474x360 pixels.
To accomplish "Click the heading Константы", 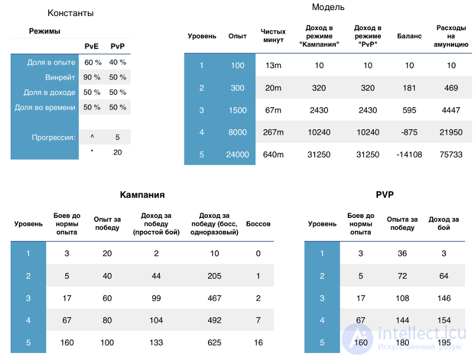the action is pos(71,13).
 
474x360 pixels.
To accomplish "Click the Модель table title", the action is pos(328,7).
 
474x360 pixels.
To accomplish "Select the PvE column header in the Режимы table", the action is pos(91,46).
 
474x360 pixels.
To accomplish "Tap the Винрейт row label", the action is pos(60,78).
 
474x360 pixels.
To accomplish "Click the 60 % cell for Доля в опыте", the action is pos(93,62).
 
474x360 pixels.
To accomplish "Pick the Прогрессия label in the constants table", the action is pos(53,137).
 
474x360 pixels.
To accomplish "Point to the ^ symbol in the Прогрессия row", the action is pos(92,137).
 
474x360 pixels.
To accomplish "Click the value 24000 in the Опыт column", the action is pos(238,155).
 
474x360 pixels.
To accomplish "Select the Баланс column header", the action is pos(409,36).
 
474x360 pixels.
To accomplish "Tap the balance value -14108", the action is pos(409,155).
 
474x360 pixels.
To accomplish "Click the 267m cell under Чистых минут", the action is pos(273,132).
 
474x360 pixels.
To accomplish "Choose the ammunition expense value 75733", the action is pos(451,155).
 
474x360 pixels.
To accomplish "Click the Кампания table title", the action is pos(142,194).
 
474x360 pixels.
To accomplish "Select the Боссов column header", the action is pos(258,224).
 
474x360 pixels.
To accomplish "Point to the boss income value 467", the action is pos(214,298).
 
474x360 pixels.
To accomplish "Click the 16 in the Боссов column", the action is pos(258,342).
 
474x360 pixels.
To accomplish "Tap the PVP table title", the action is pos(385,194).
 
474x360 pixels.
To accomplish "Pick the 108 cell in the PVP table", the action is pos(402,298).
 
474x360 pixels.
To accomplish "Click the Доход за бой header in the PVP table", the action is pos(443,223).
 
